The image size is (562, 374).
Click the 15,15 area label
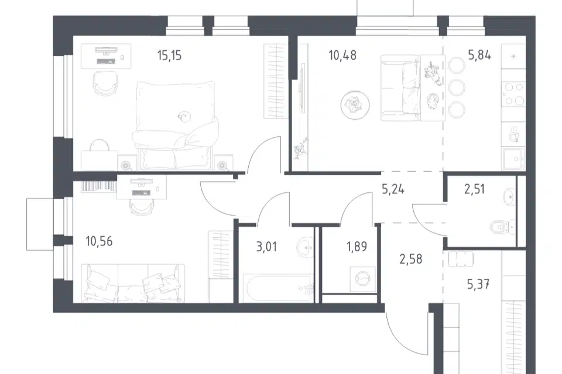(170, 56)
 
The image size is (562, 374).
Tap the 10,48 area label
(342, 56)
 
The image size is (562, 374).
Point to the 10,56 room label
(100, 241)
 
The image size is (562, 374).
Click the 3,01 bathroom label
(267, 247)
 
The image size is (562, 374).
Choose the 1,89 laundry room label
(357, 247)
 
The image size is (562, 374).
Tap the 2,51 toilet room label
(475, 189)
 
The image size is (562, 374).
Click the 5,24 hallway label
(393, 189)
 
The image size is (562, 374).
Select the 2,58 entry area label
(411, 259)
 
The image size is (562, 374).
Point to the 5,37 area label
(478, 285)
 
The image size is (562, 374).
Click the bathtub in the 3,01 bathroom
(277, 289)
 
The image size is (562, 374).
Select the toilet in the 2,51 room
(502, 227)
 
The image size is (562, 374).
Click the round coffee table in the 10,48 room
(355, 105)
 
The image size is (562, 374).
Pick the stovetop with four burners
(513, 94)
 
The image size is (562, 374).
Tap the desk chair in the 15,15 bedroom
(105, 83)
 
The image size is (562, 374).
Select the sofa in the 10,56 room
(133, 283)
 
